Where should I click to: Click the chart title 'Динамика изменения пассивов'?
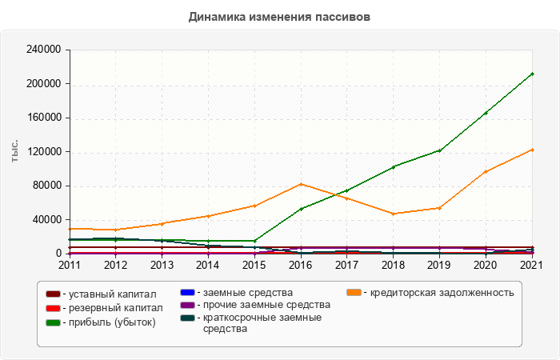point(280,16)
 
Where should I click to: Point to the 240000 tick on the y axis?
point(46,50)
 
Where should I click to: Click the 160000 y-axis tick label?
point(46,118)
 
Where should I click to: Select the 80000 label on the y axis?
point(49,186)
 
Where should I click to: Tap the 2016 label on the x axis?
point(300,264)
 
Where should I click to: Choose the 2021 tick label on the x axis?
point(532,264)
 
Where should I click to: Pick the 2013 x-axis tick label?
point(162,264)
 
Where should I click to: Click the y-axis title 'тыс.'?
point(14,151)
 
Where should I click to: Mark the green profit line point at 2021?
point(532,74)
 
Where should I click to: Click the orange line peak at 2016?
point(301,184)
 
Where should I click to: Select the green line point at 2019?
point(439,150)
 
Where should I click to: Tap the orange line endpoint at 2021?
point(532,150)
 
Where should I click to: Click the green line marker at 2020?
point(486,113)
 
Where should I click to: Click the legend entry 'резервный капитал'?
point(111,307)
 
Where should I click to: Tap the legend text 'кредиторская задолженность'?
point(438,292)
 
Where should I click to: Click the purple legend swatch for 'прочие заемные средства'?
point(186,305)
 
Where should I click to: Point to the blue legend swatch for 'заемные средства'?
point(186,292)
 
